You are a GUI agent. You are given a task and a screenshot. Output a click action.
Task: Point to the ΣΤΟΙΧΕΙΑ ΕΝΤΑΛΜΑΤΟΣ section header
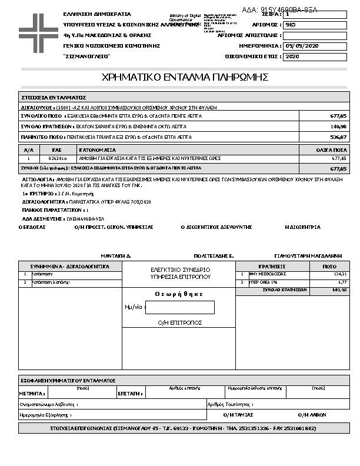54,97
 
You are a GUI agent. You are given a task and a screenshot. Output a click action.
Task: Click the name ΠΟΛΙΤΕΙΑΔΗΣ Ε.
214,257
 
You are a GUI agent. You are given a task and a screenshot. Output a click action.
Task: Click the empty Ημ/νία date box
179,307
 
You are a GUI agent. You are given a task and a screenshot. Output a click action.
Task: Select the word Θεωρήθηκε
179,294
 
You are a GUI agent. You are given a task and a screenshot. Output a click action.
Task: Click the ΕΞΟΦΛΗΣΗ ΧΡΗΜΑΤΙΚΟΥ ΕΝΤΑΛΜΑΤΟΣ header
68,381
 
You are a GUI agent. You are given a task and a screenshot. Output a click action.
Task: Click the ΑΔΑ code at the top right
279,10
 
